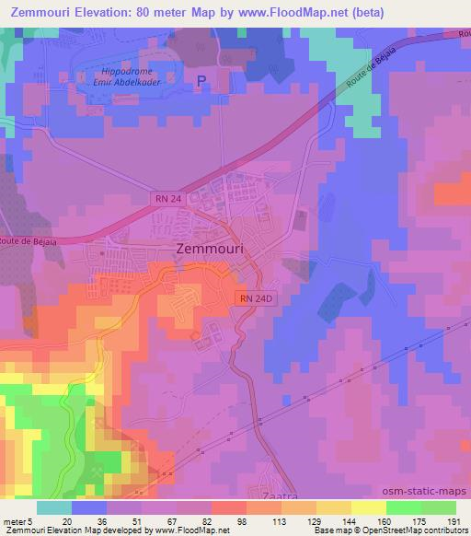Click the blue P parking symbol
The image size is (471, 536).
point(201,81)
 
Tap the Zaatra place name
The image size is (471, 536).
point(274,495)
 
